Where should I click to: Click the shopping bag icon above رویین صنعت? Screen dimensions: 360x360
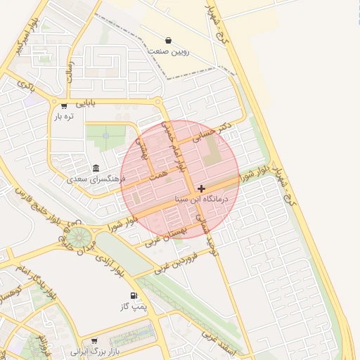(168, 40)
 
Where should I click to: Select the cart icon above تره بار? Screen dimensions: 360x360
(64, 106)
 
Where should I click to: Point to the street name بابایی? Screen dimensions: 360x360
(83, 104)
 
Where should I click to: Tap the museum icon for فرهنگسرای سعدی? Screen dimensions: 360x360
(96, 168)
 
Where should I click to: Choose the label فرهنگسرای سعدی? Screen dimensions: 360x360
(96, 179)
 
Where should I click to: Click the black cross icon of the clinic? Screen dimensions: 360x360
(202, 188)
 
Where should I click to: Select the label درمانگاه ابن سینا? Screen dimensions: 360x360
(202, 200)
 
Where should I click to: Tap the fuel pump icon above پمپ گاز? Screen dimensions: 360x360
(133, 295)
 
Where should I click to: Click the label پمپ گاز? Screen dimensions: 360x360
(133, 307)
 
